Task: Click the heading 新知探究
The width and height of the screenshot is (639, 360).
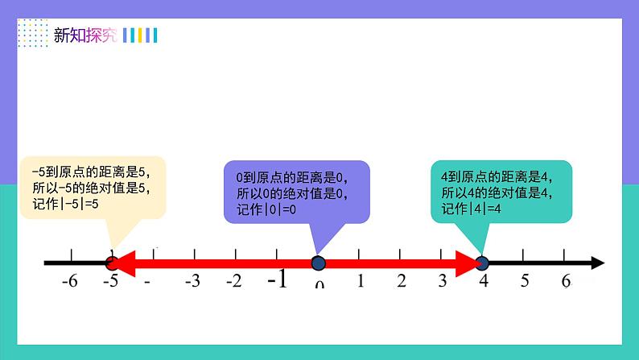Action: click(85, 35)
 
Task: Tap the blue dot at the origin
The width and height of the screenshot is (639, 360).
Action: click(318, 263)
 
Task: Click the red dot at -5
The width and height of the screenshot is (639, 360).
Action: click(112, 263)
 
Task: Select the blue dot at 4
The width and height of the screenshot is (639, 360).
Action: click(481, 263)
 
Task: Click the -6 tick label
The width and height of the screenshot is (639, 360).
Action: click(70, 281)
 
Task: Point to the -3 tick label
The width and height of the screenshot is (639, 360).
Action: click(192, 281)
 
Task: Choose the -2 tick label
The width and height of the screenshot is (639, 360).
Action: click(233, 281)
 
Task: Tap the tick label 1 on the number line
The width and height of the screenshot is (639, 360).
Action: click(361, 281)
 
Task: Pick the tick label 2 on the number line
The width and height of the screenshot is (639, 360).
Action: click(401, 281)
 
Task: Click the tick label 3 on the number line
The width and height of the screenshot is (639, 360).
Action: click(443, 281)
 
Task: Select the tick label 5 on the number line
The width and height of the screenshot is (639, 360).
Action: click(525, 281)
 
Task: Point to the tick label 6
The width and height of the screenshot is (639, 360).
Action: click(566, 281)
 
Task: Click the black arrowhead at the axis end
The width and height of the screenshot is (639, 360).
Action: click(598, 263)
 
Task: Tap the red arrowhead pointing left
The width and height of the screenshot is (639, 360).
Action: click(127, 263)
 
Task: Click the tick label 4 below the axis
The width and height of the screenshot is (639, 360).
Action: click(484, 281)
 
